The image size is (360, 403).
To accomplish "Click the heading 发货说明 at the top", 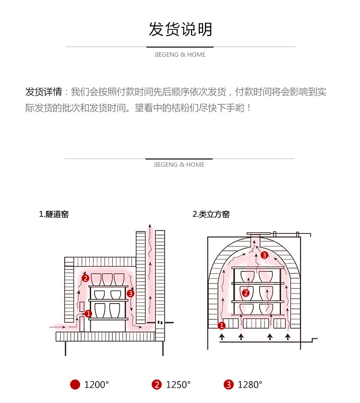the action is (180, 29).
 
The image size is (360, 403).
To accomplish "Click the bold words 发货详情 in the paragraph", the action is (43, 92).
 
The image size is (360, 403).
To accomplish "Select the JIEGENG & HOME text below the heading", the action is (180, 55).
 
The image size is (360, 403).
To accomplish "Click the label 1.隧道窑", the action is (54, 214).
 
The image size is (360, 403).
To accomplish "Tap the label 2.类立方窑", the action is (211, 214).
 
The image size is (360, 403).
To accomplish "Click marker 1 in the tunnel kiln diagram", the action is (88, 314).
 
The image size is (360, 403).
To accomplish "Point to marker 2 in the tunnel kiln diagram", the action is (85, 278).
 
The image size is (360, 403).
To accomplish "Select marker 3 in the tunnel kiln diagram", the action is (131, 293).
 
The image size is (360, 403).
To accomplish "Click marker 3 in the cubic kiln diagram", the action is (264, 255).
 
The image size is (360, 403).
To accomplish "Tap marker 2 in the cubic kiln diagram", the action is (246, 292).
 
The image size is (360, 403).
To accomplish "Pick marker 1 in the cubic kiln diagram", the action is (222, 325).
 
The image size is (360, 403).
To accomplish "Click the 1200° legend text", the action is (96, 385).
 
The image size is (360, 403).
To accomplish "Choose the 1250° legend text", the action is (178, 385).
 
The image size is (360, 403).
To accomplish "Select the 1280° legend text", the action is (250, 385).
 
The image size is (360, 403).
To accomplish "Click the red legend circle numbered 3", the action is (228, 385).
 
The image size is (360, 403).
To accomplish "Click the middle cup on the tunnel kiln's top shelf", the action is (108, 279).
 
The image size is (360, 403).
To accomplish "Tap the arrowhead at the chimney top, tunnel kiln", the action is (151, 225).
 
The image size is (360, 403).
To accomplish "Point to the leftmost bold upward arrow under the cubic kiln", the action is (221, 337).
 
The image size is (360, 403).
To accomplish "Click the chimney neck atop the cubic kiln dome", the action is (255, 240).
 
